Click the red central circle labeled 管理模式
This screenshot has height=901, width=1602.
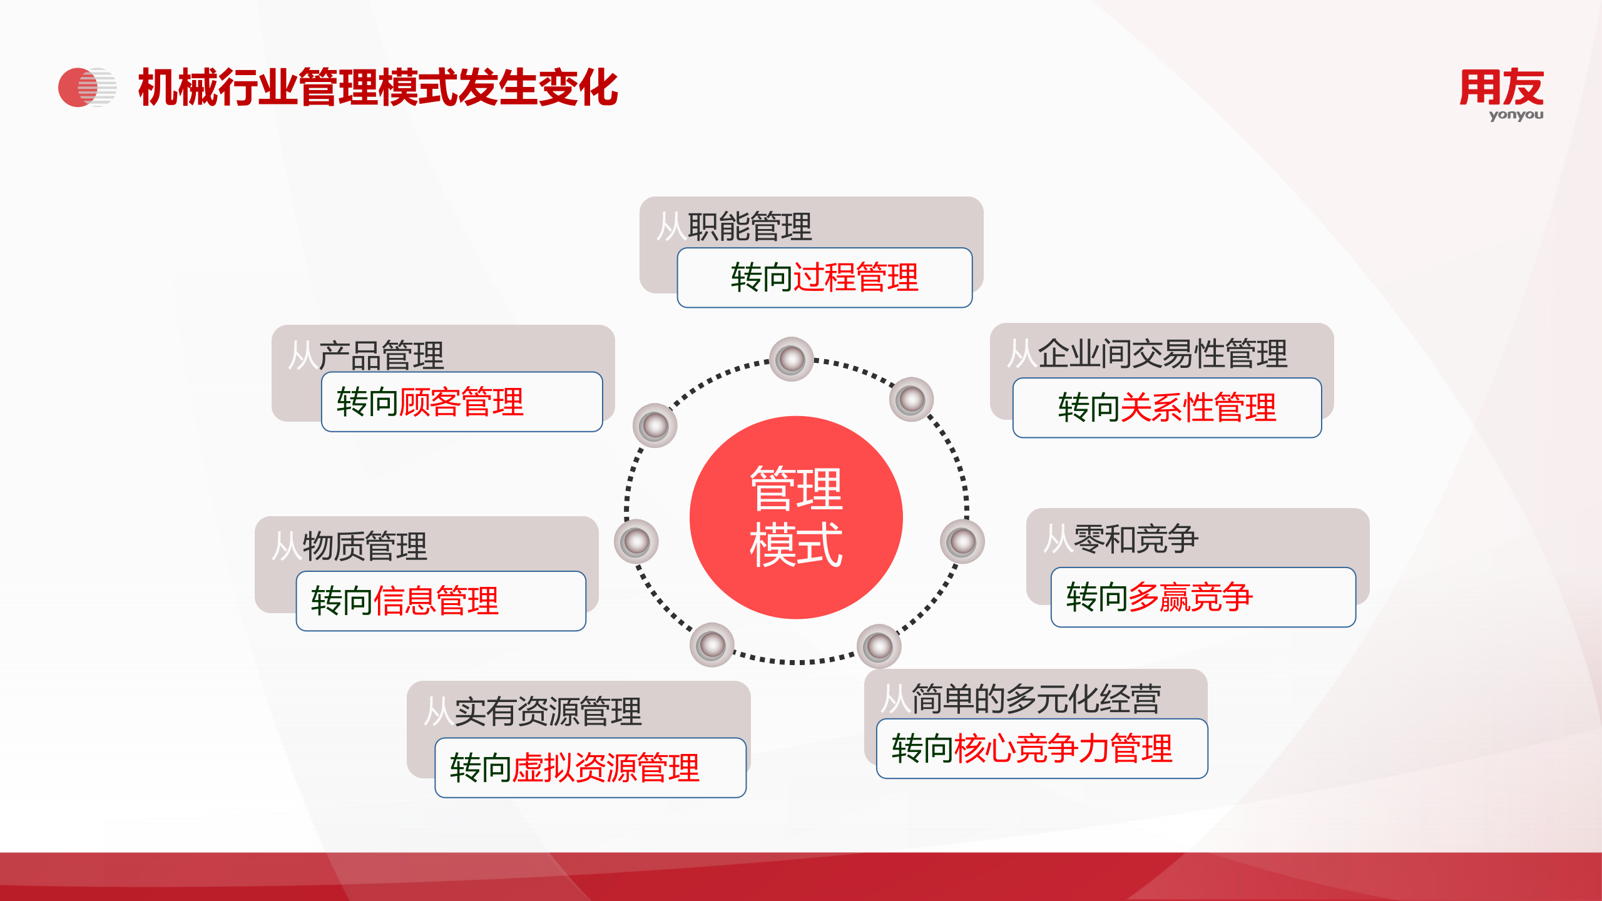tap(795, 517)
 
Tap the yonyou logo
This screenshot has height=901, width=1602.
tap(1501, 93)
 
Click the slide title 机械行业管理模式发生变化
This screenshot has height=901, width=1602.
tap(378, 88)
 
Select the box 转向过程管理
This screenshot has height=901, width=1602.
tap(824, 278)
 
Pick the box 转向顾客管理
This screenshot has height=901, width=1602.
tap(461, 402)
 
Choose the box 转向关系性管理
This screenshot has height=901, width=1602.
tap(1166, 407)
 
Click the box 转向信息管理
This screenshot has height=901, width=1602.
tap(441, 601)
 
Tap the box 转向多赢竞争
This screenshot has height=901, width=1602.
tap(1203, 597)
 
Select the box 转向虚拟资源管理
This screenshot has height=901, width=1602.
tap(590, 768)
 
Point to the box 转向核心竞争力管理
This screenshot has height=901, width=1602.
tap(1041, 748)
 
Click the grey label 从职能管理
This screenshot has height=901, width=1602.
tap(734, 225)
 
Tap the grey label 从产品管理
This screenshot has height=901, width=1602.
tap(366, 354)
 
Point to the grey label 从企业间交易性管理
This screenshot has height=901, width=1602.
tap(1147, 352)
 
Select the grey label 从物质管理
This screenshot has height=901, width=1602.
tap(350, 545)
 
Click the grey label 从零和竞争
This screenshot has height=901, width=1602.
tap(1121, 538)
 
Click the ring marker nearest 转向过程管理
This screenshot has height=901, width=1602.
tap(792, 359)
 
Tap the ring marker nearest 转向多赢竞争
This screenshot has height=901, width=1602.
tap(962, 541)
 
